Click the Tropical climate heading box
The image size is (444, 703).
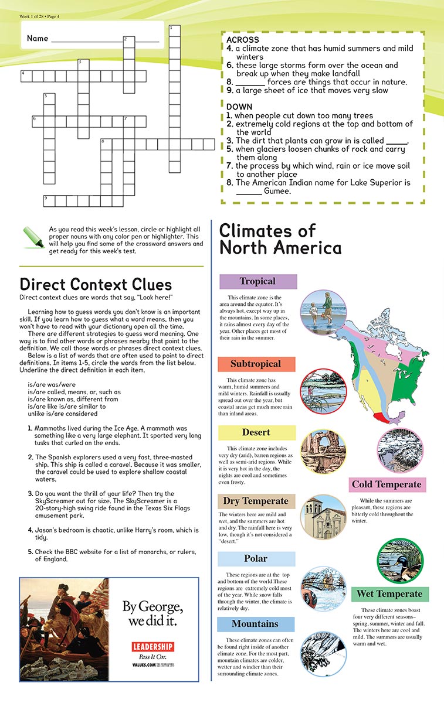pyautogui.click(x=258, y=281)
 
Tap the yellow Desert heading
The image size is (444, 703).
pyautogui.click(x=256, y=432)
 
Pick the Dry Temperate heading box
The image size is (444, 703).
pyautogui.click(x=256, y=501)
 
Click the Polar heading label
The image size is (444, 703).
pyautogui.click(x=256, y=558)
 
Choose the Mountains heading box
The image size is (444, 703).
pyautogui.click(x=255, y=623)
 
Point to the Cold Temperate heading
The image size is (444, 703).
pyautogui.click(x=387, y=484)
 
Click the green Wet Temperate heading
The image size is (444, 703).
pyautogui.click(x=390, y=594)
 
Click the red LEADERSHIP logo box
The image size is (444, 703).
pyautogui.click(x=152, y=647)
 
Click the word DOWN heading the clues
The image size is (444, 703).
pyautogui.click(x=239, y=107)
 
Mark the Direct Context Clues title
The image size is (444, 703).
pyautogui.click(x=96, y=284)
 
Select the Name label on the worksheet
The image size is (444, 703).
pyautogui.click(x=37, y=39)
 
